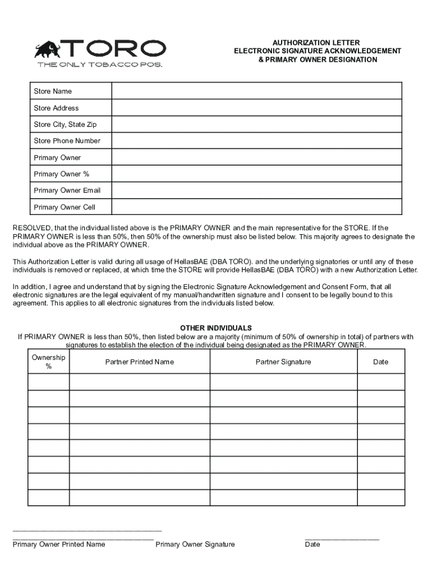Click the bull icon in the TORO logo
[47, 49]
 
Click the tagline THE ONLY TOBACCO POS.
[100, 65]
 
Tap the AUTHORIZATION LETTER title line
[316, 43]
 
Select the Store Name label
[53, 91]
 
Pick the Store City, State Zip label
[65, 124]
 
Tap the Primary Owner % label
[61, 174]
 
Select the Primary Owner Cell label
[65, 207]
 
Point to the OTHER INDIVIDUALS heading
[216, 328]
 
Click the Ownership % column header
[48, 362]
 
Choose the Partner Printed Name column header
[140, 362]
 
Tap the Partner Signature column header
[283, 362]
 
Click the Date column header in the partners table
[380, 362]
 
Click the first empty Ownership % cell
[48, 382]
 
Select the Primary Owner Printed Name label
[59, 544]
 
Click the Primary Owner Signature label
[195, 544]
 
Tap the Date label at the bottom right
[312, 544]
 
